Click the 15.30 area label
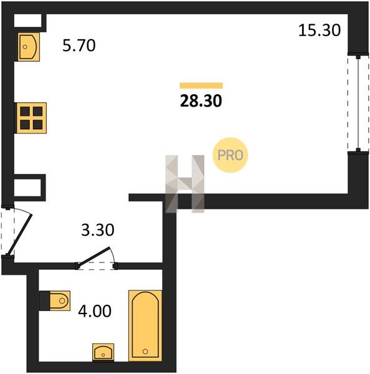pos(320,31)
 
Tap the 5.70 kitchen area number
pos(79,46)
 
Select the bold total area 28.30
pos(201,100)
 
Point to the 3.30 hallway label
pos(98,230)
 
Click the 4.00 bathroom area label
pos(95,311)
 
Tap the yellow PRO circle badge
pos(230,155)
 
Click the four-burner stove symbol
pos(31,118)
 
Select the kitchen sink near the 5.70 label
pos(28,47)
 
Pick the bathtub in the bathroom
pos(145,325)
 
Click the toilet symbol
pos(60,300)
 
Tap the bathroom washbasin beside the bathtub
pos(103,352)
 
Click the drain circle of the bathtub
pos(145,351)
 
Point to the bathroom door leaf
pos(94,256)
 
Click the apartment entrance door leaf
pos(19,235)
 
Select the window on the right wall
pos(358,103)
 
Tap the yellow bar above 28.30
pos(201,85)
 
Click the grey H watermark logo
pos(185,184)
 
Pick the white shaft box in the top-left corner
pos(27,21)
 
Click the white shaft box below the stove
pos(27,188)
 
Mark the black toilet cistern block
pos(44,300)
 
